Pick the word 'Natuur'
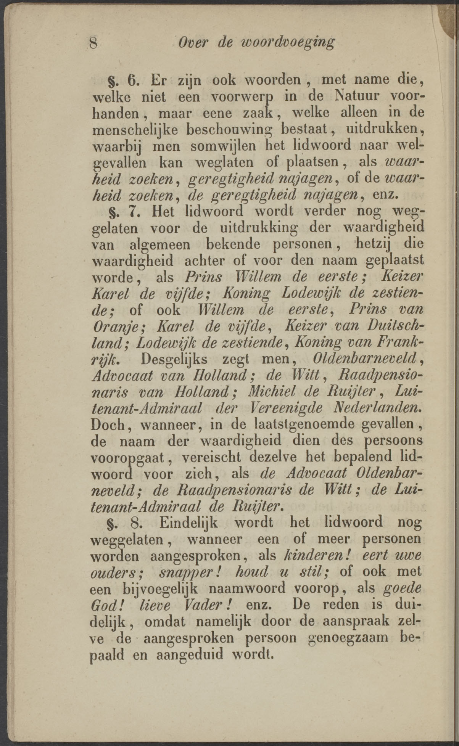click(356, 96)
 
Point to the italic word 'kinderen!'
click(310, 555)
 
